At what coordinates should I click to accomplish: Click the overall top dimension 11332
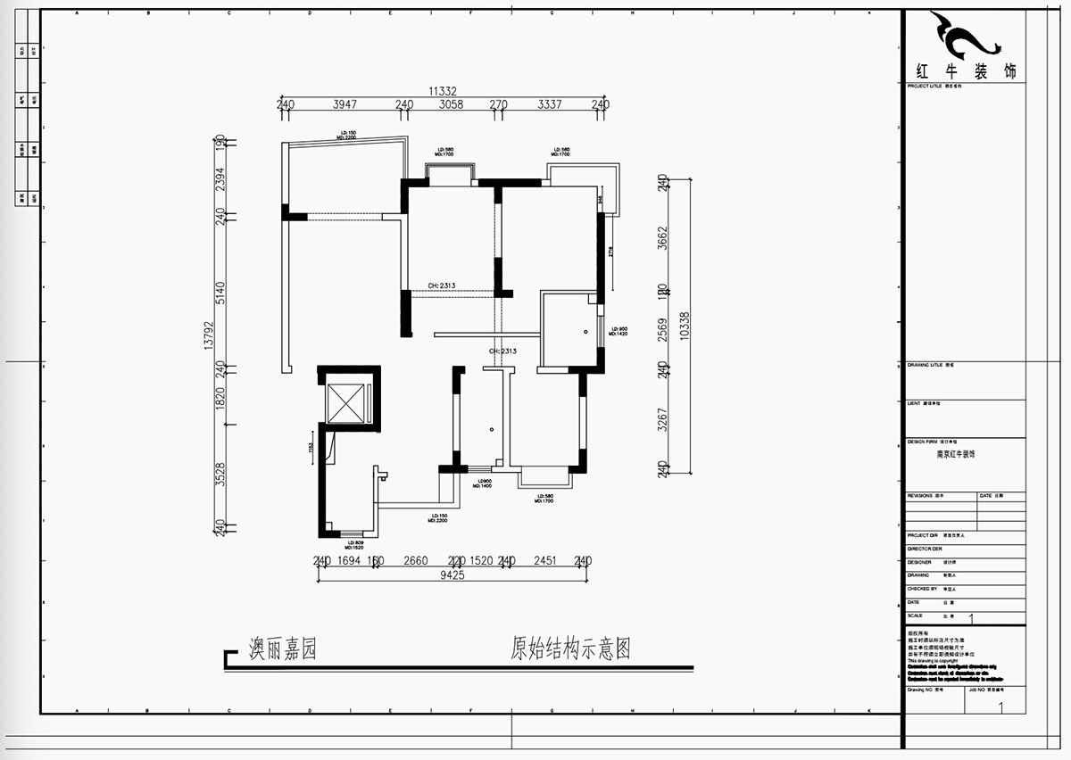pos(442,91)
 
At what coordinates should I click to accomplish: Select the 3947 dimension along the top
pos(345,104)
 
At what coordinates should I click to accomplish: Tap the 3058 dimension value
pos(451,104)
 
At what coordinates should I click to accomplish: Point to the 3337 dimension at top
pos(550,104)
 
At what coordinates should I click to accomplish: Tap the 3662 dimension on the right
pos(662,240)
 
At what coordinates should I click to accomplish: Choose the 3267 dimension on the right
pos(662,419)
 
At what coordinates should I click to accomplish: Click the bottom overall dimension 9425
pos(451,575)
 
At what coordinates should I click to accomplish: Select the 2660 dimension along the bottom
pos(416,561)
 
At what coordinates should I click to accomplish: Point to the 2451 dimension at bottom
pos(544,561)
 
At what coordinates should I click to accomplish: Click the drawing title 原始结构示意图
pos(570,648)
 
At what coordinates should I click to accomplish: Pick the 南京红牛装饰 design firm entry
pos(955,454)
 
